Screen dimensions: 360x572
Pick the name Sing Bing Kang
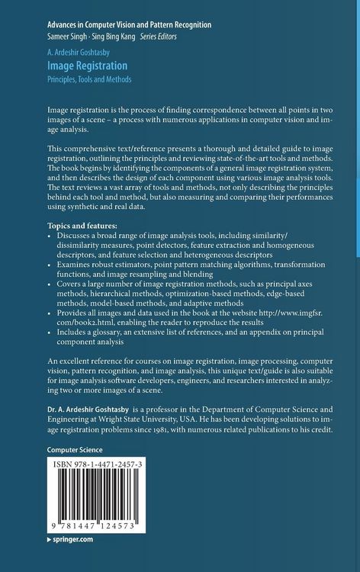(111, 36)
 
